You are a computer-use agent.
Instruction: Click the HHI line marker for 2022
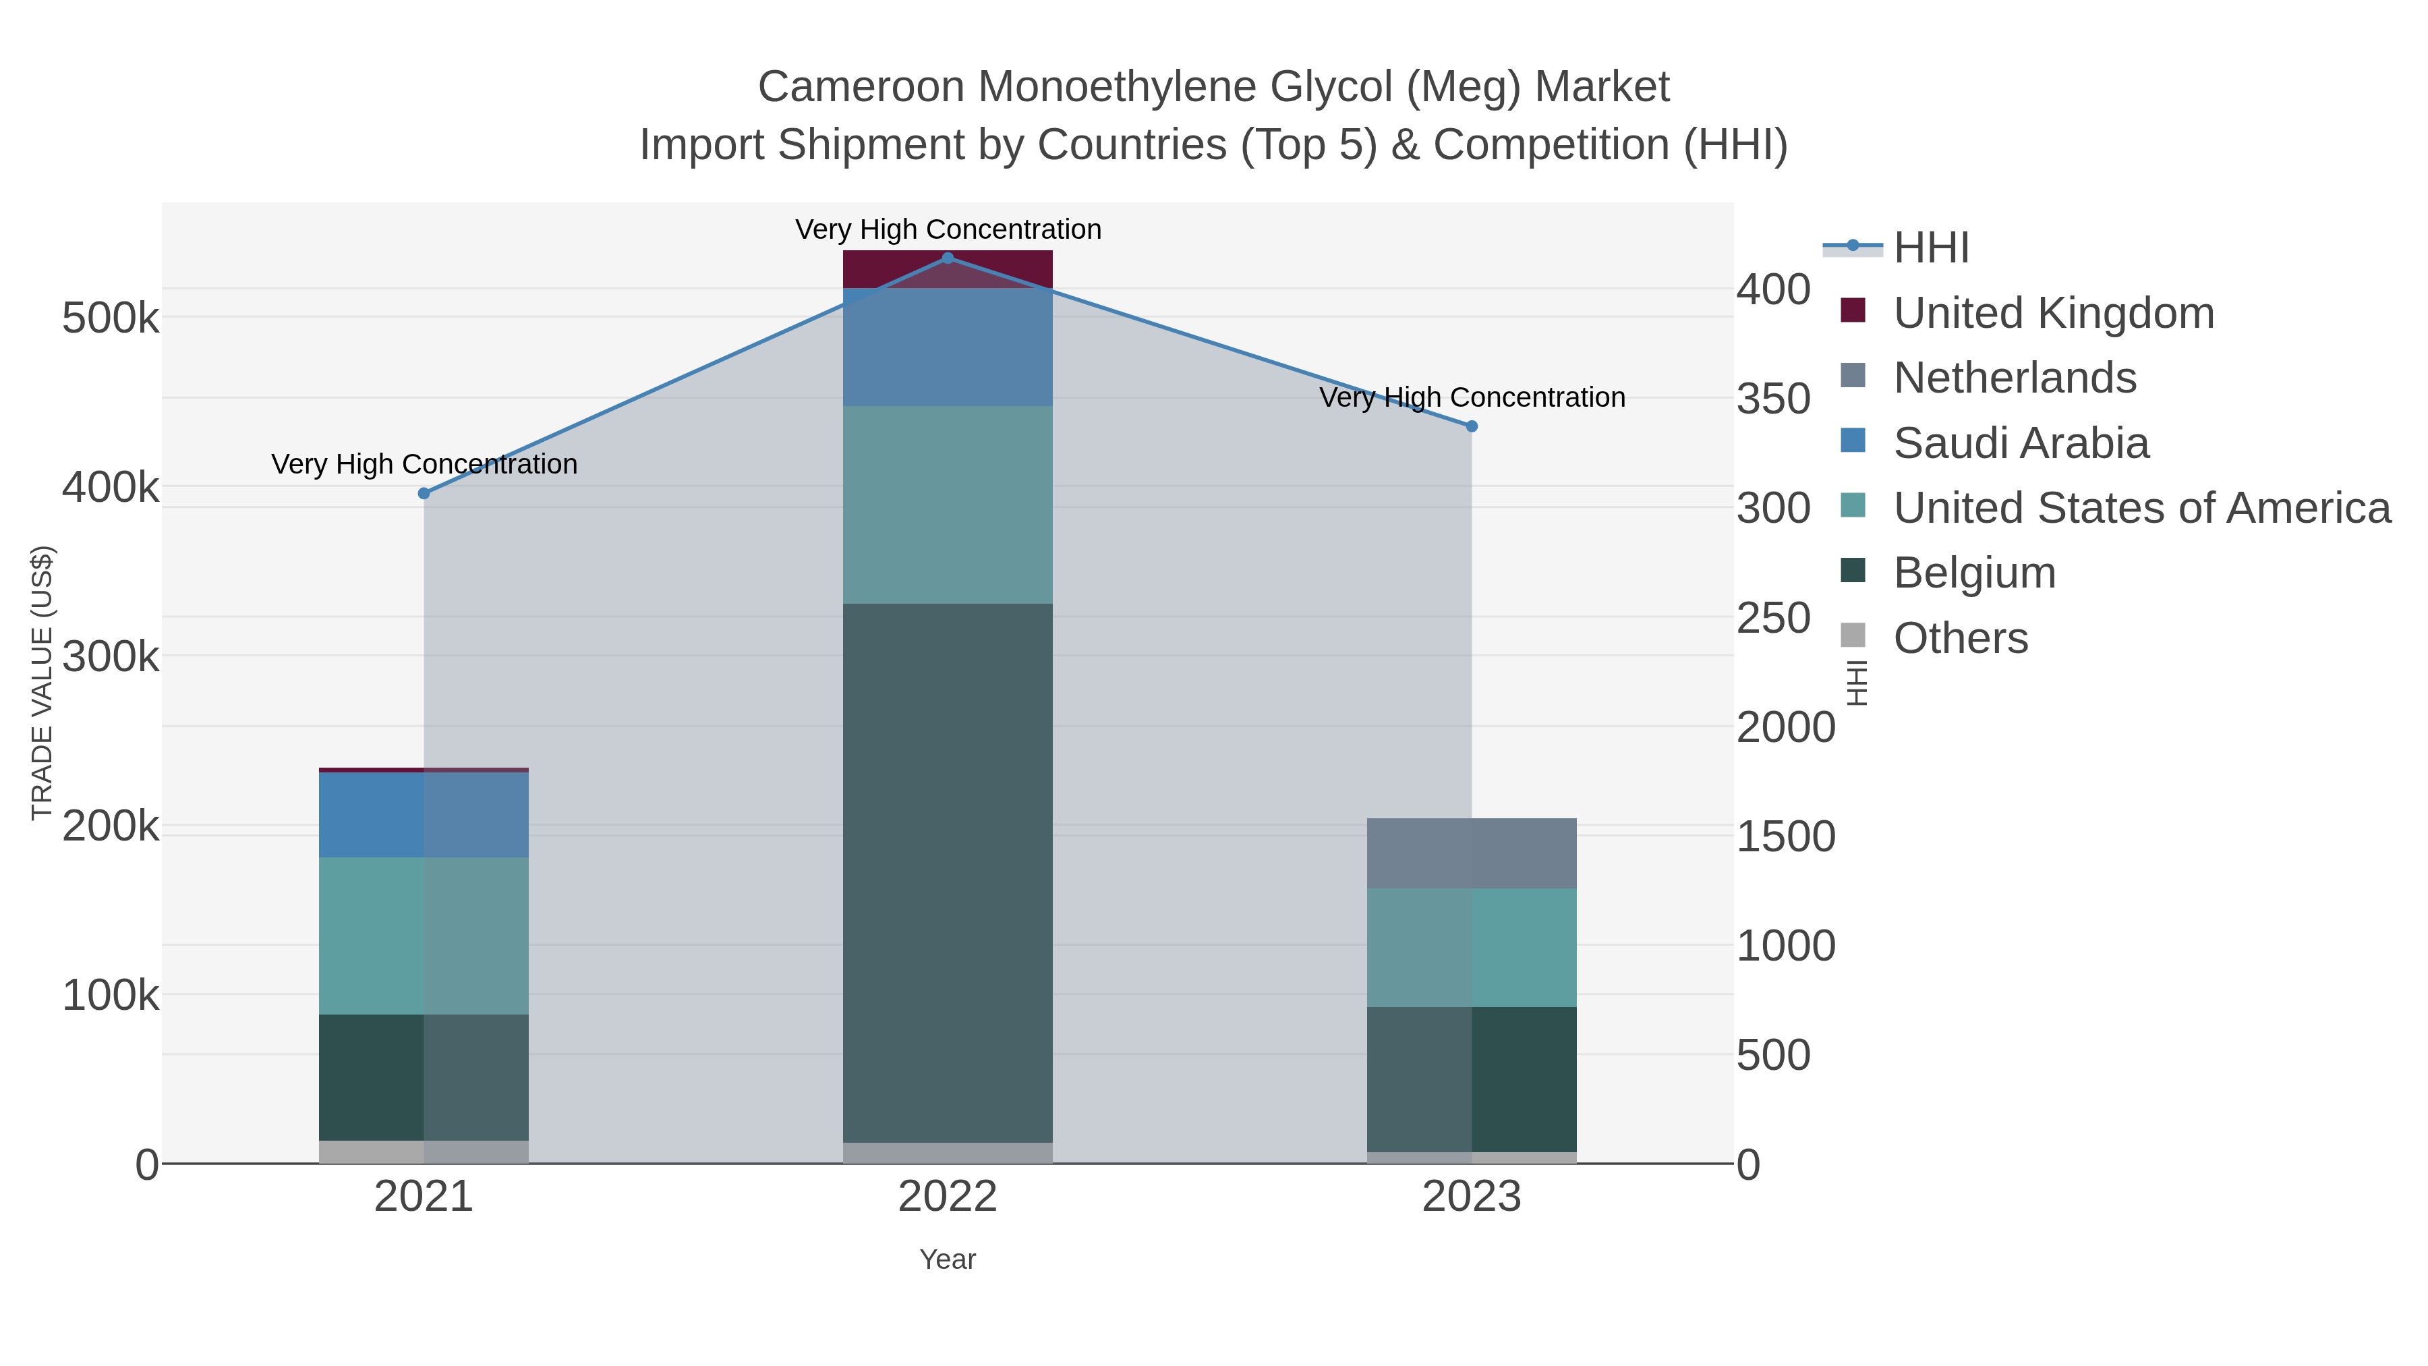coord(948,258)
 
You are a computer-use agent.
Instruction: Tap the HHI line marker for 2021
coord(423,493)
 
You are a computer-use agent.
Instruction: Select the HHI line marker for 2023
coord(1472,426)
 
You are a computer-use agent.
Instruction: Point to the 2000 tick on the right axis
coord(1786,728)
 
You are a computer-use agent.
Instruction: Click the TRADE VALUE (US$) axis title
coord(42,683)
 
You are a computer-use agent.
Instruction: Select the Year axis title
coord(948,1259)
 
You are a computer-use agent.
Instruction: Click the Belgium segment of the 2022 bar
coord(948,872)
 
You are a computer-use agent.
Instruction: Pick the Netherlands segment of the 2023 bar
coord(1472,853)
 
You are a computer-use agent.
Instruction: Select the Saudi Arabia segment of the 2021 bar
coord(423,814)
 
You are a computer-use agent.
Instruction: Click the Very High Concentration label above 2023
coord(1472,398)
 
